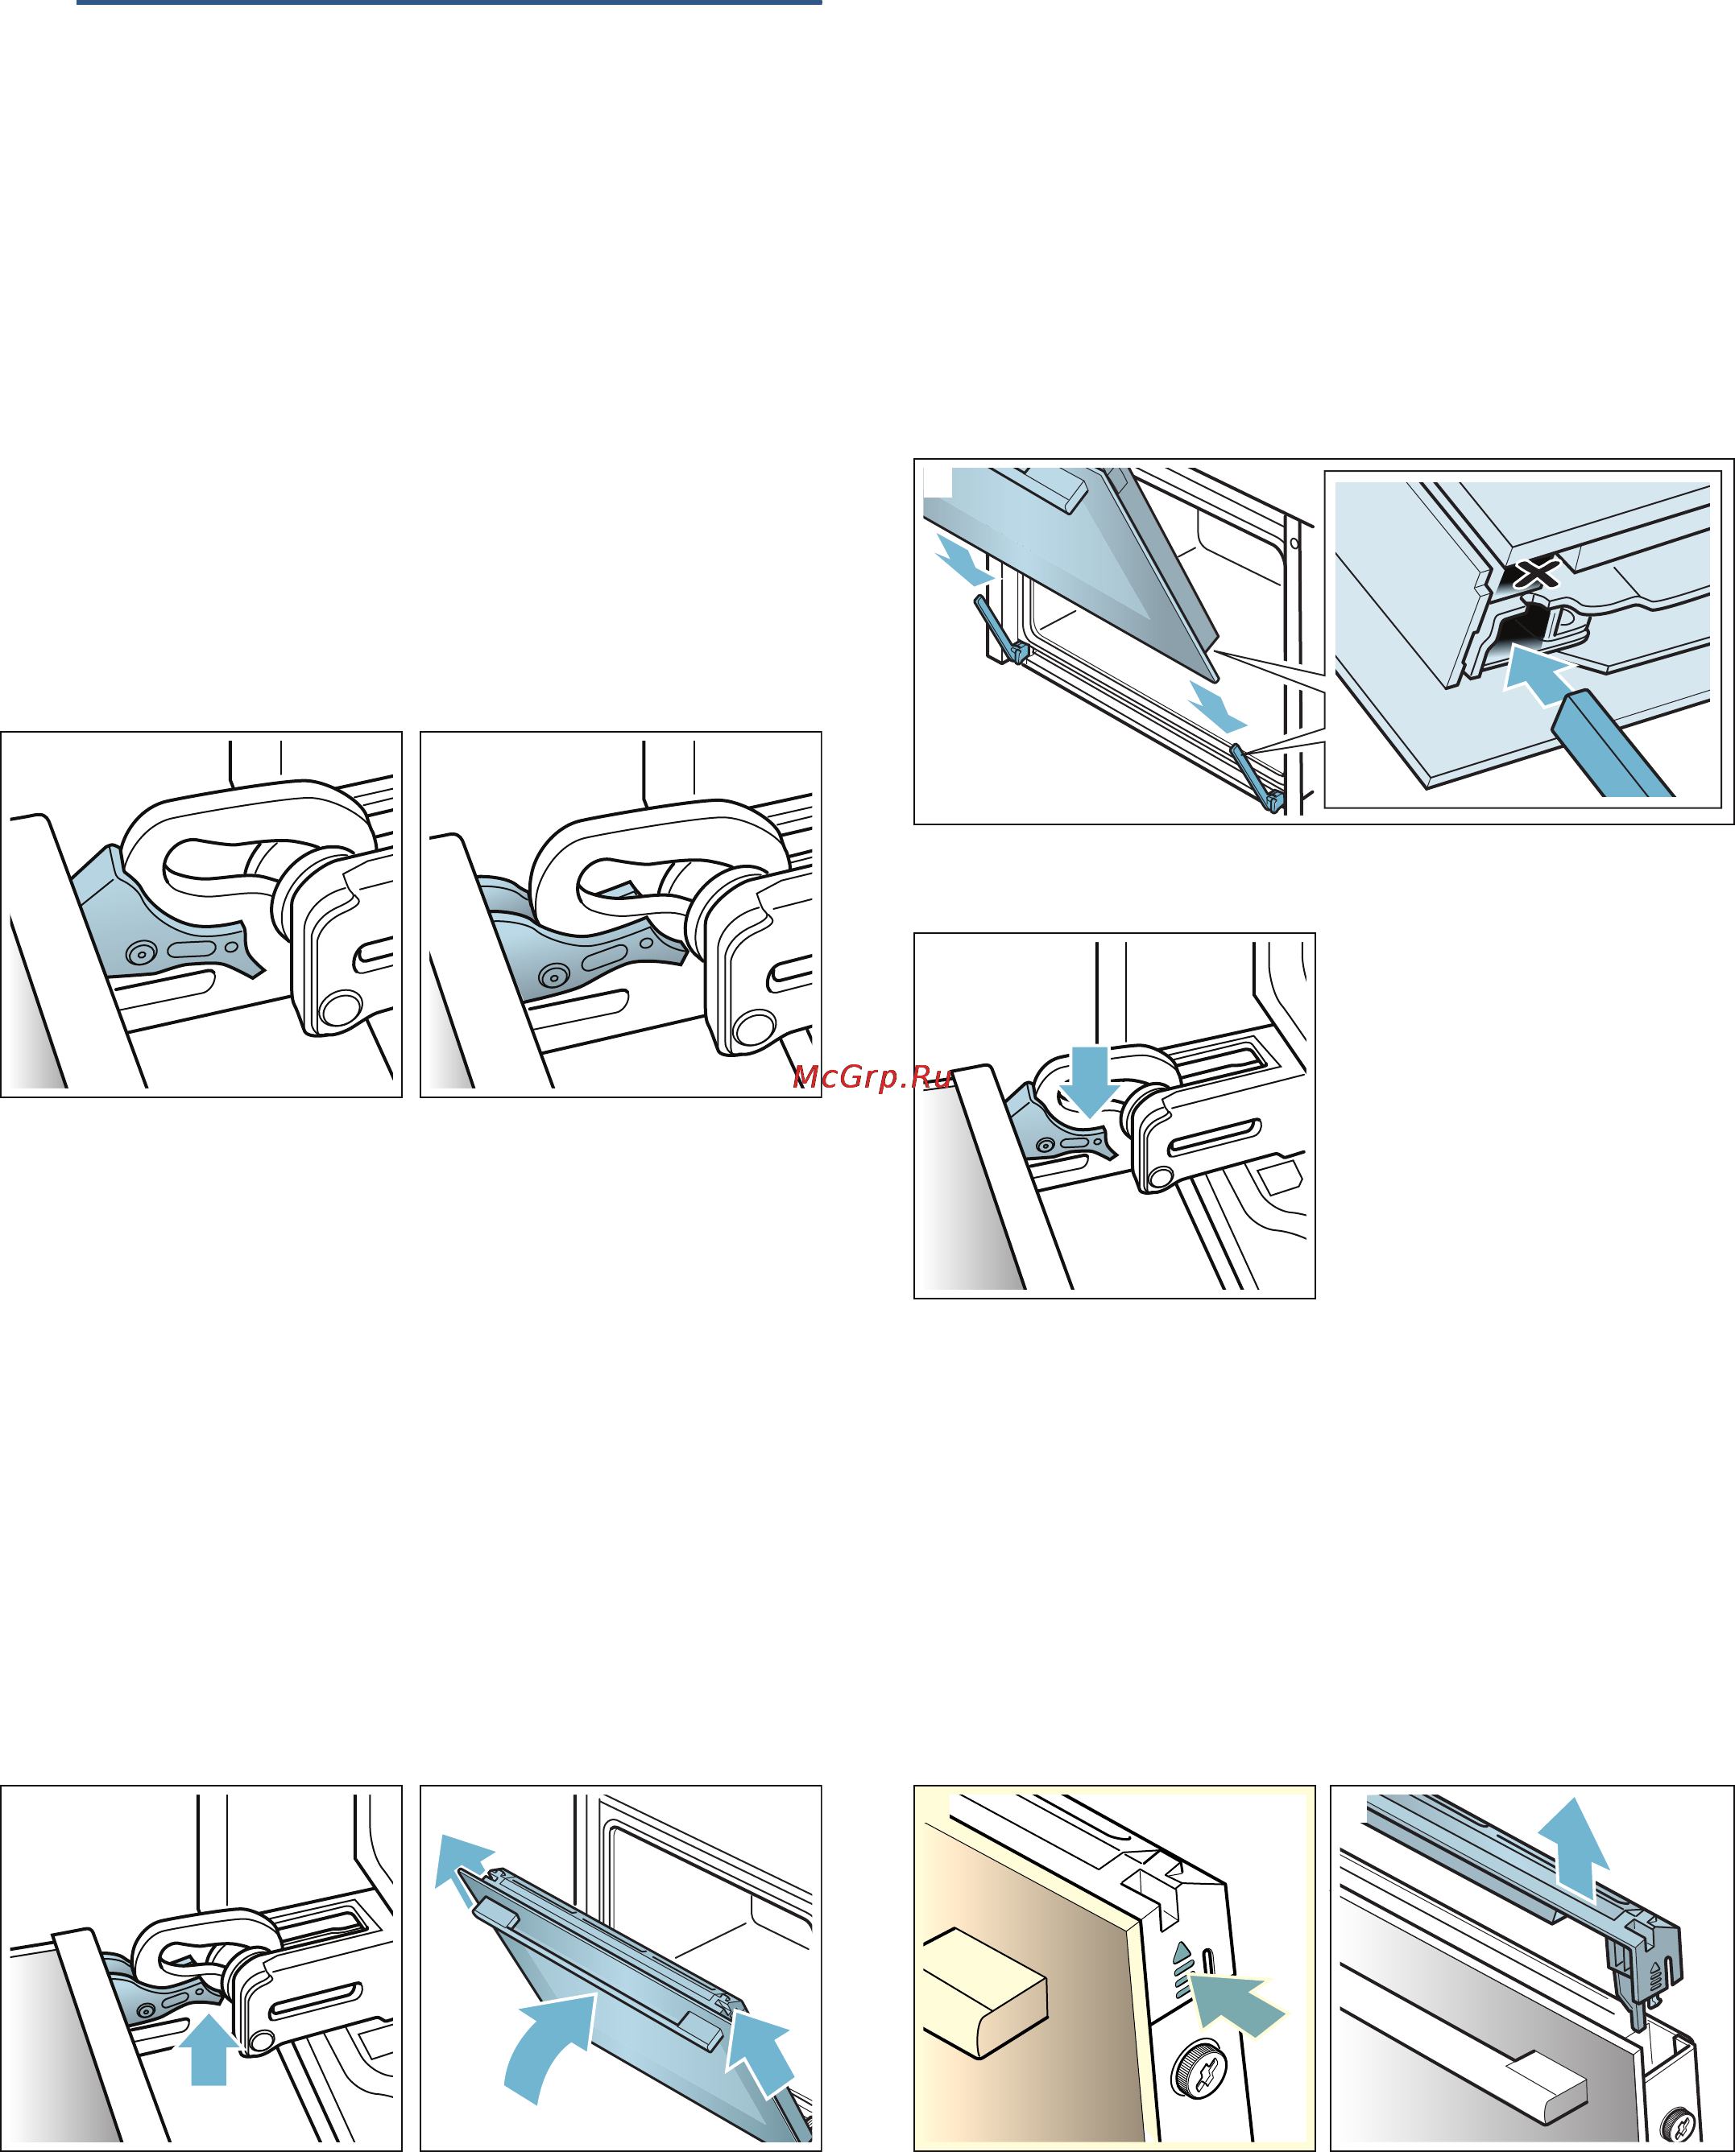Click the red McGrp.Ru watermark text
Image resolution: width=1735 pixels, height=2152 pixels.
[872, 1077]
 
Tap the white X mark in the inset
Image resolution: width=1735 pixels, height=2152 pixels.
[1537, 573]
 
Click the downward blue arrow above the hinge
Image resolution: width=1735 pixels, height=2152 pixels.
[1089, 1080]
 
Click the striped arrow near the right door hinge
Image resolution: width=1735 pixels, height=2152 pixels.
[1217, 708]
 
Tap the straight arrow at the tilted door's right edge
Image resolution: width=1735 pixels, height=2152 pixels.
[760, 2053]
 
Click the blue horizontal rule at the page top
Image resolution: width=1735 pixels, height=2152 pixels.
[449, 2]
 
